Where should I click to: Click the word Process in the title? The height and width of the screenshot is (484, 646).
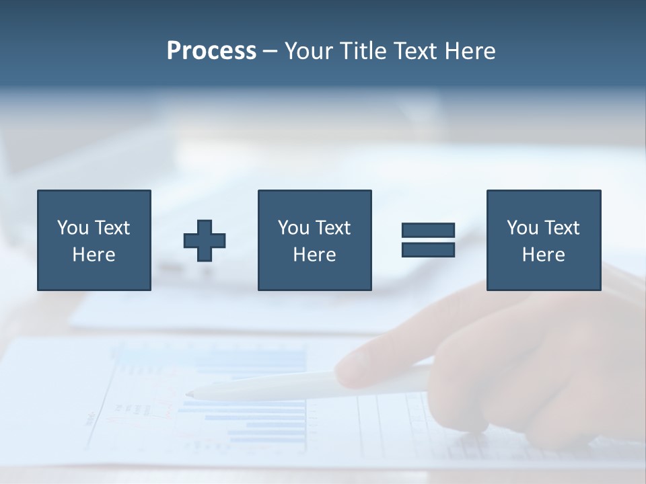[211, 51]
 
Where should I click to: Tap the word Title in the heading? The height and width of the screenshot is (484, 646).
[361, 51]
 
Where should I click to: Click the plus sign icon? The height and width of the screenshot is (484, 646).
[205, 241]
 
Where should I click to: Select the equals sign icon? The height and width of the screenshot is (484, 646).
[428, 240]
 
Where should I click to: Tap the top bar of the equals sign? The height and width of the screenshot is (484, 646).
[428, 231]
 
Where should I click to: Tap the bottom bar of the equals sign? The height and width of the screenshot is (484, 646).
[428, 249]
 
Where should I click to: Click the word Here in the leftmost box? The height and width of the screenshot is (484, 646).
[94, 255]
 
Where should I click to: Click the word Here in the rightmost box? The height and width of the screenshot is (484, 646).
[543, 255]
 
